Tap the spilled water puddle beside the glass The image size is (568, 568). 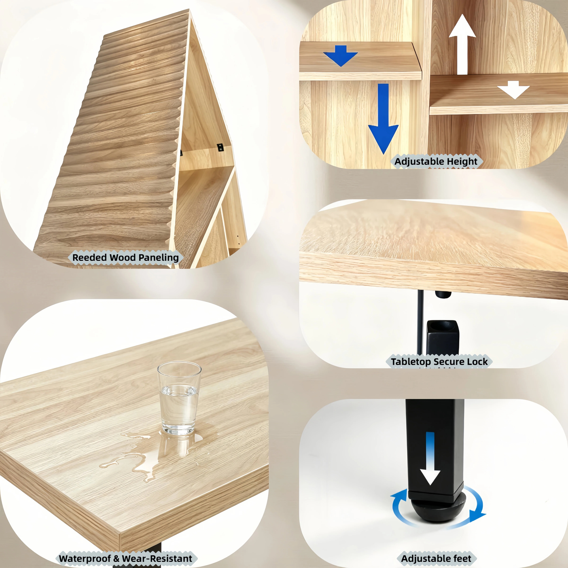[x=153, y=453]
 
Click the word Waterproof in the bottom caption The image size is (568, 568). [x=85, y=558]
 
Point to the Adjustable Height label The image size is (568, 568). [x=436, y=161]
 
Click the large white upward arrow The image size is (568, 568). [x=462, y=44]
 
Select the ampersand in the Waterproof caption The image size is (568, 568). [x=116, y=558]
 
